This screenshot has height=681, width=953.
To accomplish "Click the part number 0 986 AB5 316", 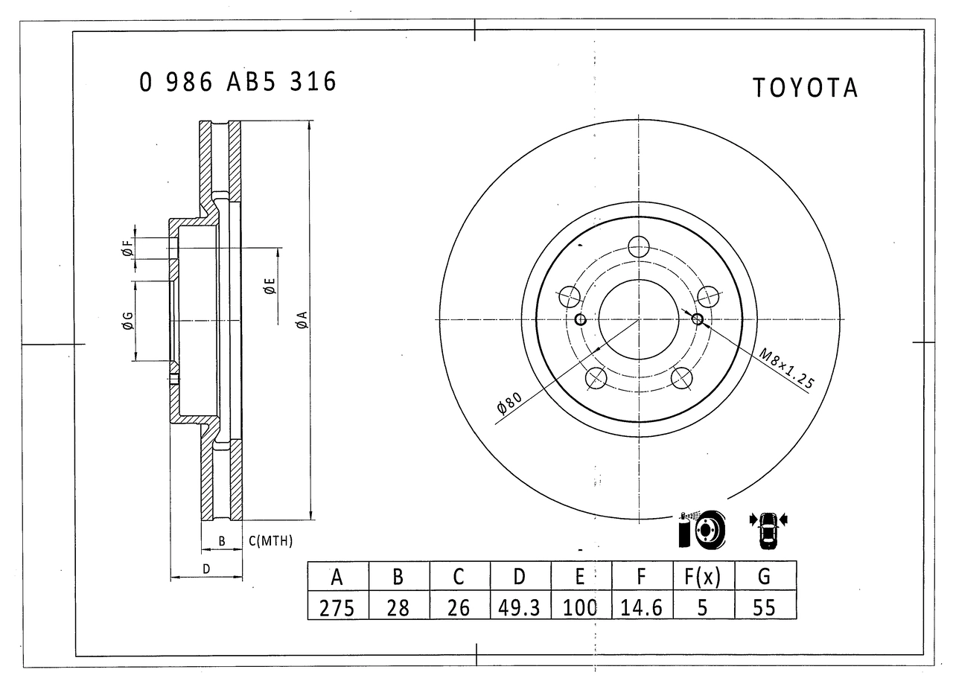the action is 238,82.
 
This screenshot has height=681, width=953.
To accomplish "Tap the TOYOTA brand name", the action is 805,88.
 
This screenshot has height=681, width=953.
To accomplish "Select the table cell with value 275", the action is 338,605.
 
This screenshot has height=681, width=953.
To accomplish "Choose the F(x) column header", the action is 704,576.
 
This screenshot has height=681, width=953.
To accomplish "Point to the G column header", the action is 765,576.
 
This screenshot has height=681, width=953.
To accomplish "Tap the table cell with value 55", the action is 765,605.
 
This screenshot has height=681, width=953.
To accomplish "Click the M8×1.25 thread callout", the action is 787,368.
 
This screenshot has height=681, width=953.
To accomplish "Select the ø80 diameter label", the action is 509,403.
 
